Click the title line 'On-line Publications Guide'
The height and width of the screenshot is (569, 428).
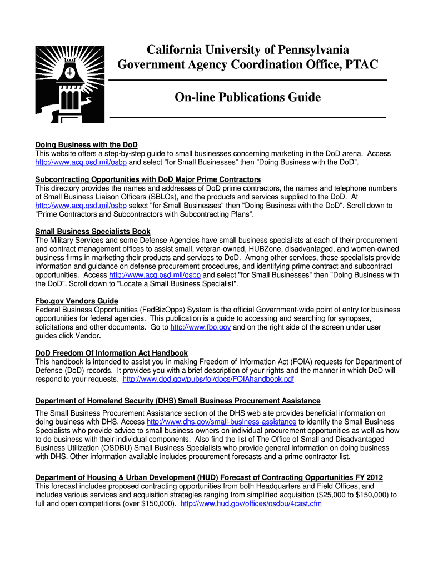point(248,98)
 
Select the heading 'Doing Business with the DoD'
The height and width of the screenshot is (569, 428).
point(86,144)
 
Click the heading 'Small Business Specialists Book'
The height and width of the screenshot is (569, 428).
point(93,231)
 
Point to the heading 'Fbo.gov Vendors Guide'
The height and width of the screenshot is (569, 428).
point(77,301)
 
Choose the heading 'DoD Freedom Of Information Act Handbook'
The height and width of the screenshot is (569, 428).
point(111,353)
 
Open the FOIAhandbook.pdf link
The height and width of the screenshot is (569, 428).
point(208,379)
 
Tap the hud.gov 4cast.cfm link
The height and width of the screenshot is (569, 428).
point(251,504)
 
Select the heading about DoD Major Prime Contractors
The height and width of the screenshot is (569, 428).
point(148,179)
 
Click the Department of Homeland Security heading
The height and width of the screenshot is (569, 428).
point(177,401)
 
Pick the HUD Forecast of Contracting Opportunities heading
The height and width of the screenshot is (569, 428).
point(209,477)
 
